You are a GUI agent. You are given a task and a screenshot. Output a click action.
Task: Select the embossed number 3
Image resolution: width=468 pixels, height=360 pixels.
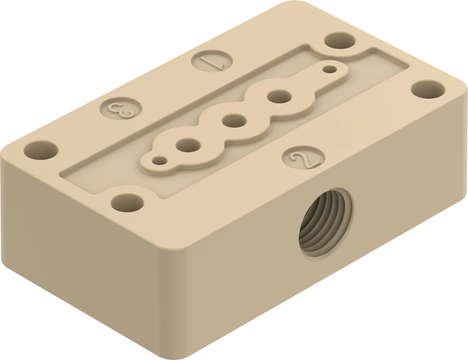tap(121, 109)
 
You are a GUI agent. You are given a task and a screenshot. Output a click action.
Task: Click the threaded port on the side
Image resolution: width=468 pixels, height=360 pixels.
tap(325, 223)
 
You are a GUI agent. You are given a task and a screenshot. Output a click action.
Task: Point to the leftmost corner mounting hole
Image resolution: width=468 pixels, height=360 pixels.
tap(41, 151)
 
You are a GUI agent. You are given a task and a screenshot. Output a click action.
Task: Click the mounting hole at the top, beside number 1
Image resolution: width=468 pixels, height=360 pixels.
tap(340, 40)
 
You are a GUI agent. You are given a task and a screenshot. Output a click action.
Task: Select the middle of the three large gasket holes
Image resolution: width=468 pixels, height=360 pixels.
tap(235, 122)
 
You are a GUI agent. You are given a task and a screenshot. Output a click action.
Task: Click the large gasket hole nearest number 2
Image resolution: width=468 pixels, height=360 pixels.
tap(280, 96)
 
